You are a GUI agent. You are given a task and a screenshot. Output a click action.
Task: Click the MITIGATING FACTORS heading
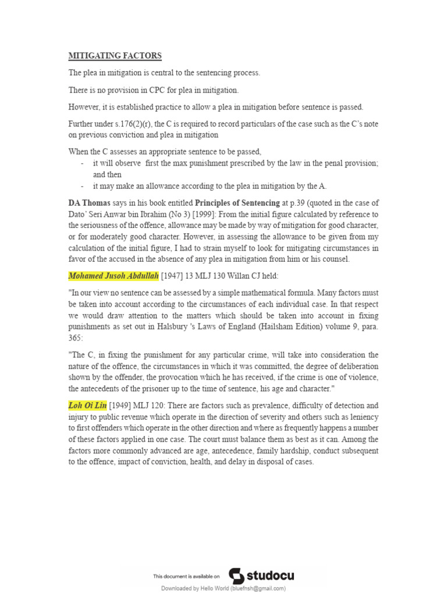pyautogui.click(x=115, y=56)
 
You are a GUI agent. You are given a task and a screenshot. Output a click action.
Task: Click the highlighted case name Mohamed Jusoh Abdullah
pyautogui.click(x=113, y=275)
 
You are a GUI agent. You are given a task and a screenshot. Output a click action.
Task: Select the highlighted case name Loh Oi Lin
pyautogui.click(x=87, y=405)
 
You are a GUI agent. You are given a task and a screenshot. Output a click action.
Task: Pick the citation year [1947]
pyautogui.click(x=173, y=275)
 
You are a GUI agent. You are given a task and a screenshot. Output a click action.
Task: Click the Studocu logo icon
pyautogui.click(x=236, y=576)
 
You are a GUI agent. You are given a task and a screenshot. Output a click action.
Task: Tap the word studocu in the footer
pyautogui.click(x=271, y=576)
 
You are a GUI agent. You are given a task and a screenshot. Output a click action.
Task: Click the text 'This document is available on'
pyautogui.click(x=186, y=577)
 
